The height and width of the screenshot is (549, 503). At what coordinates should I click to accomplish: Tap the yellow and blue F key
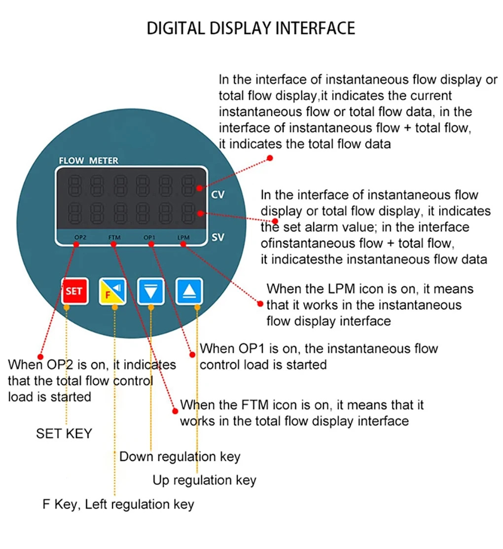click(x=113, y=291)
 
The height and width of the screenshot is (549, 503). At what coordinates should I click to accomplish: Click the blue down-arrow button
click(x=151, y=292)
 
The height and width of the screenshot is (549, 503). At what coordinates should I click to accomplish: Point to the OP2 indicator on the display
click(x=81, y=238)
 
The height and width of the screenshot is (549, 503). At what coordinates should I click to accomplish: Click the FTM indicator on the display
click(x=114, y=238)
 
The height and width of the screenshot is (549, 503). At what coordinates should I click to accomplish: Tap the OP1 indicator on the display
click(x=149, y=238)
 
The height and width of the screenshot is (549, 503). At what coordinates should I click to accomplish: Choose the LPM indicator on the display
click(x=183, y=238)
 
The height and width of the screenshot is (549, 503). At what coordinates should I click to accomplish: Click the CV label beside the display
click(x=217, y=195)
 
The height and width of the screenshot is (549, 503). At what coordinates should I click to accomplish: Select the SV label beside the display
click(x=217, y=237)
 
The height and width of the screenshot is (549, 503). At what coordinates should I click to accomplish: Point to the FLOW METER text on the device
click(x=89, y=161)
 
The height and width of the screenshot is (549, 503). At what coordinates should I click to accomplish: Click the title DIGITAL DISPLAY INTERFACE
click(x=251, y=28)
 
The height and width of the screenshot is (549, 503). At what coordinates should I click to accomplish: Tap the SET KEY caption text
click(x=64, y=434)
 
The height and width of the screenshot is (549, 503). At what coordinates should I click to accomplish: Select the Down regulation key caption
click(x=180, y=456)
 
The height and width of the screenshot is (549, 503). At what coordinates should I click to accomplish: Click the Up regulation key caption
click(x=204, y=480)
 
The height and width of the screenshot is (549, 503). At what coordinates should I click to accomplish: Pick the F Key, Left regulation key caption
click(x=118, y=505)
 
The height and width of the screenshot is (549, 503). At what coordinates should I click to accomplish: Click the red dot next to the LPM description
click(x=261, y=303)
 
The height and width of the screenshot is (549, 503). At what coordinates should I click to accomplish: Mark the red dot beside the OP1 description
click(x=192, y=354)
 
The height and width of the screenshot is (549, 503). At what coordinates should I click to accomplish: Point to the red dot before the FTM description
click(x=174, y=409)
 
